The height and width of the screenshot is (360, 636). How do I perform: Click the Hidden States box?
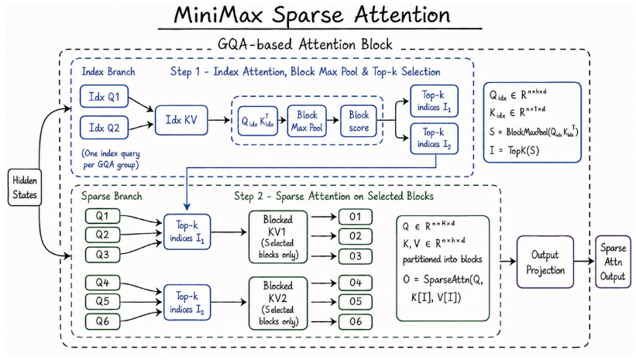tap(25, 187)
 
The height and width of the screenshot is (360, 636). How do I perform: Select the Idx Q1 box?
tap(105, 97)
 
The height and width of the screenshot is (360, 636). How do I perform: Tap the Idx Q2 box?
tap(105, 128)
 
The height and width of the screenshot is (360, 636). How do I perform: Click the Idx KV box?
tap(181, 120)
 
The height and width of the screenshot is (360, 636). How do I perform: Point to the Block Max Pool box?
tap(307, 121)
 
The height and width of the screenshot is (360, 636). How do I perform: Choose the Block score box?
tap(359, 121)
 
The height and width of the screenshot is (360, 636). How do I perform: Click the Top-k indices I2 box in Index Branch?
tap(434, 139)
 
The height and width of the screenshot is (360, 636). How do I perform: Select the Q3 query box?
tap(102, 255)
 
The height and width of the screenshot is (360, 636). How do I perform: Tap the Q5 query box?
tap(102, 301)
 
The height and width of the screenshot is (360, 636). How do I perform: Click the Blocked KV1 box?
tap(278, 237)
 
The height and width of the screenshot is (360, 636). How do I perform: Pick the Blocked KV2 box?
tap(278, 303)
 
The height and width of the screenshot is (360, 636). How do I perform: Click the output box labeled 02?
tap(356, 236)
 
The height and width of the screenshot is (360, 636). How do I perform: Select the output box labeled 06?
tap(356, 321)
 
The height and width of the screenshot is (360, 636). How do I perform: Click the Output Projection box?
tap(545, 262)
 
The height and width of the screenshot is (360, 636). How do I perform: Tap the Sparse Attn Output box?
tap(613, 262)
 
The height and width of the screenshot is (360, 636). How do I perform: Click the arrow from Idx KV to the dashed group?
tap(219, 120)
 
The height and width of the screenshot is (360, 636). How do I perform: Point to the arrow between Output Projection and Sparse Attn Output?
tap(585, 261)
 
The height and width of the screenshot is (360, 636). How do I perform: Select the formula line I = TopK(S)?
tap(514, 151)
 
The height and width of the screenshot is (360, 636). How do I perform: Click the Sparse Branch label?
tap(112, 196)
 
